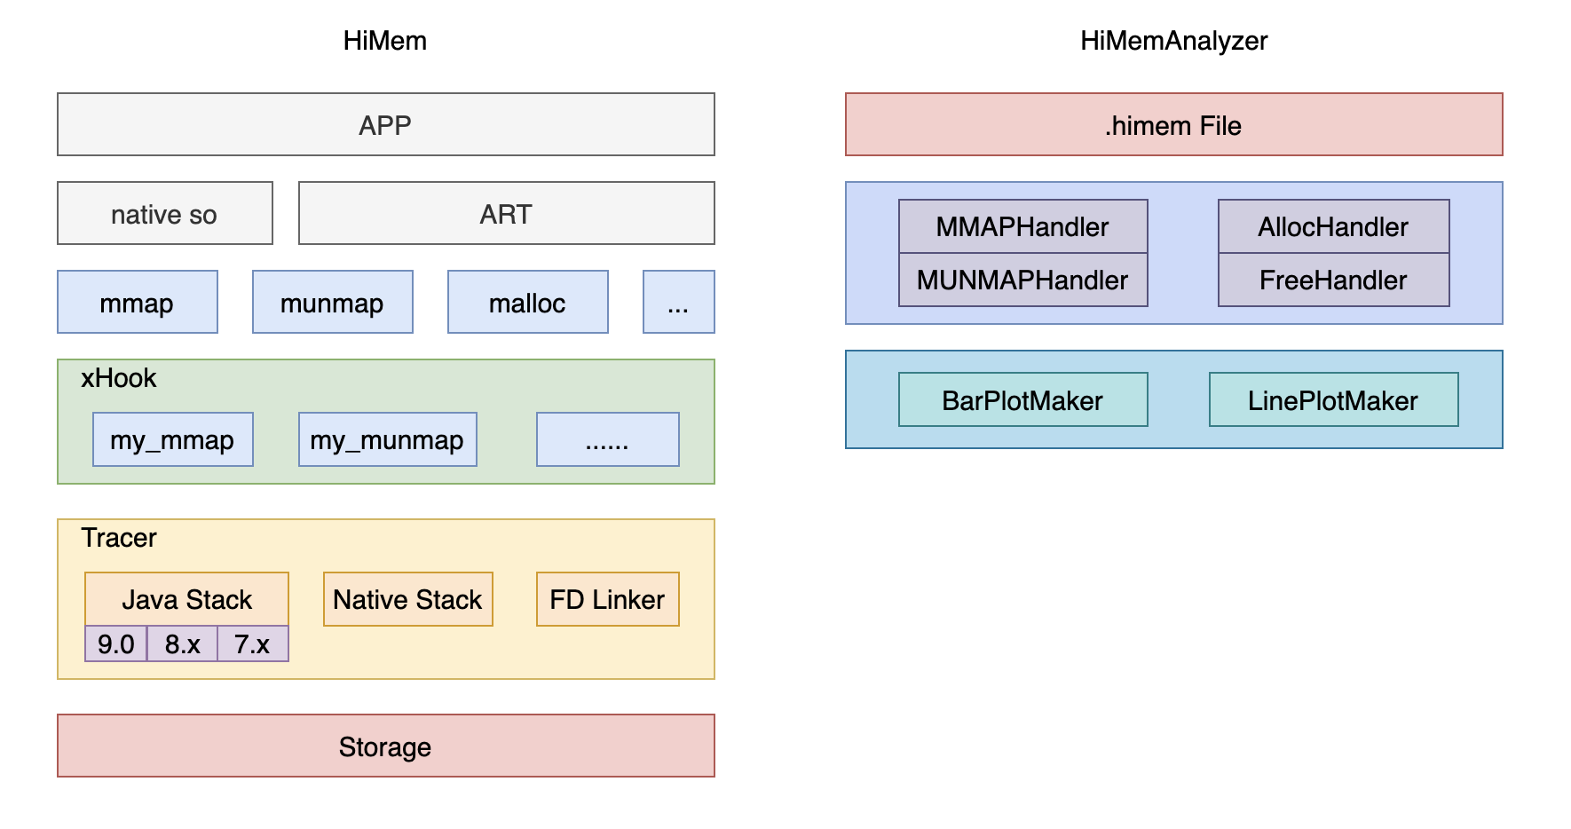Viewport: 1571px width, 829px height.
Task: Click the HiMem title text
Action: [384, 41]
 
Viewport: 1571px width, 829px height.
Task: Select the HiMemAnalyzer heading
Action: [1173, 41]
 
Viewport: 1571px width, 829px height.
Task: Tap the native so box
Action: [164, 214]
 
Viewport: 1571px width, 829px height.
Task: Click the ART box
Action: [506, 214]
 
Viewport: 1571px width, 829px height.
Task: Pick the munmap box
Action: [332, 303]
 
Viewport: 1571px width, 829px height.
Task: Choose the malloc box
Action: [527, 303]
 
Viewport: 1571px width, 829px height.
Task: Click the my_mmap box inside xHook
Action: [172, 439]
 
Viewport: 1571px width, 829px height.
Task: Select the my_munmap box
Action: [387, 439]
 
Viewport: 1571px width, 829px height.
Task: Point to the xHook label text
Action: [118, 378]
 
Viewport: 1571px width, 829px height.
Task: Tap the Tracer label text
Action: [118, 538]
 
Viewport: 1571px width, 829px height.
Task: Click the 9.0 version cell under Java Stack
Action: [115, 643]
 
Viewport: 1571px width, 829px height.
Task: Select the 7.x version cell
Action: [252, 643]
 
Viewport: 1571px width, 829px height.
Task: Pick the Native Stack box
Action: [407, 599]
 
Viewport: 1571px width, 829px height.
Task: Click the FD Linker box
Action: [607, 599]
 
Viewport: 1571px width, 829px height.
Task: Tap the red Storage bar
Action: [385, 746]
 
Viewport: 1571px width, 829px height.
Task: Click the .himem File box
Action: [1173, 125]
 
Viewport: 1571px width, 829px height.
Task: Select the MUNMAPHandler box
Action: [1022, 280]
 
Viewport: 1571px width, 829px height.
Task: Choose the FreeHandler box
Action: [1333, 280]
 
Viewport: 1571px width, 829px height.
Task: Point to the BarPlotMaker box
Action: [1022, 400]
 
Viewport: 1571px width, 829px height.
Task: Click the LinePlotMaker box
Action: [1333, 400]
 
